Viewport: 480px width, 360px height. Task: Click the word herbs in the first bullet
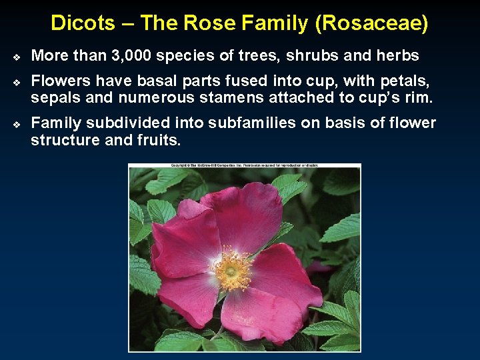397,56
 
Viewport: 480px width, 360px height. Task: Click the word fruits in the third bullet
160,140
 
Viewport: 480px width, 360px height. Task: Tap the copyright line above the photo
245,165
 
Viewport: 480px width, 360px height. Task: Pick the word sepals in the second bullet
53,97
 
